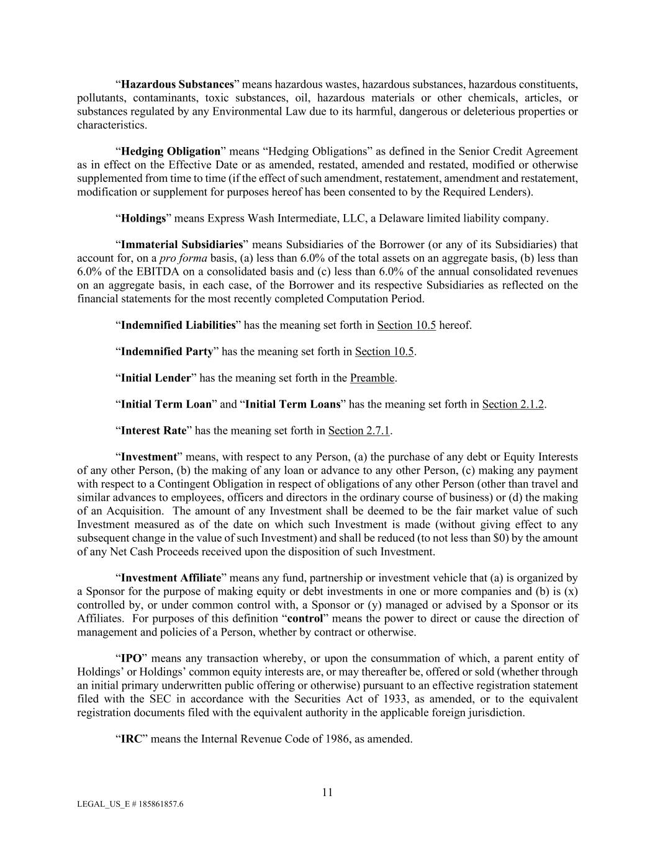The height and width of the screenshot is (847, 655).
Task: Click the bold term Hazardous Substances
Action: point(177,84)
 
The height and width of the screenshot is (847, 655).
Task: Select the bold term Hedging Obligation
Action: point(171,151)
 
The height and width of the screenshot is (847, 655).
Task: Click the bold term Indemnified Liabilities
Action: point(178,325)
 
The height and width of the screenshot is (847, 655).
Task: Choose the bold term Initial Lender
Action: point(155,378)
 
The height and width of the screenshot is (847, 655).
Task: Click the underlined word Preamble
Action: point(373,378)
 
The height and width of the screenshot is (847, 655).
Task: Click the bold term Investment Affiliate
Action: point(171,578)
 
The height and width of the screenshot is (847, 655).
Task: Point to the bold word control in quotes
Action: point(305,619)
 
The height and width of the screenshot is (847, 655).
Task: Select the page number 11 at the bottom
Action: point(327,792)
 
